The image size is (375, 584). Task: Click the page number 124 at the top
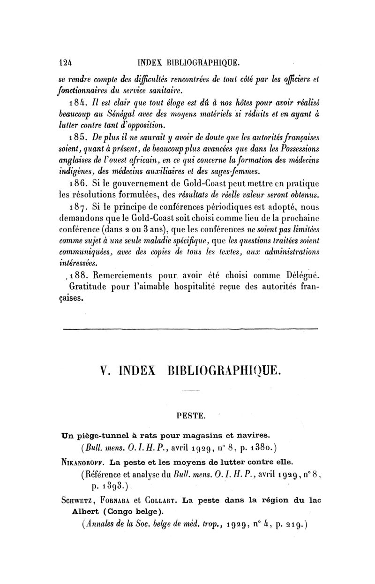[61, 62]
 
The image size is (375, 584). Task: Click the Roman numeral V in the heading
[105, 369]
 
